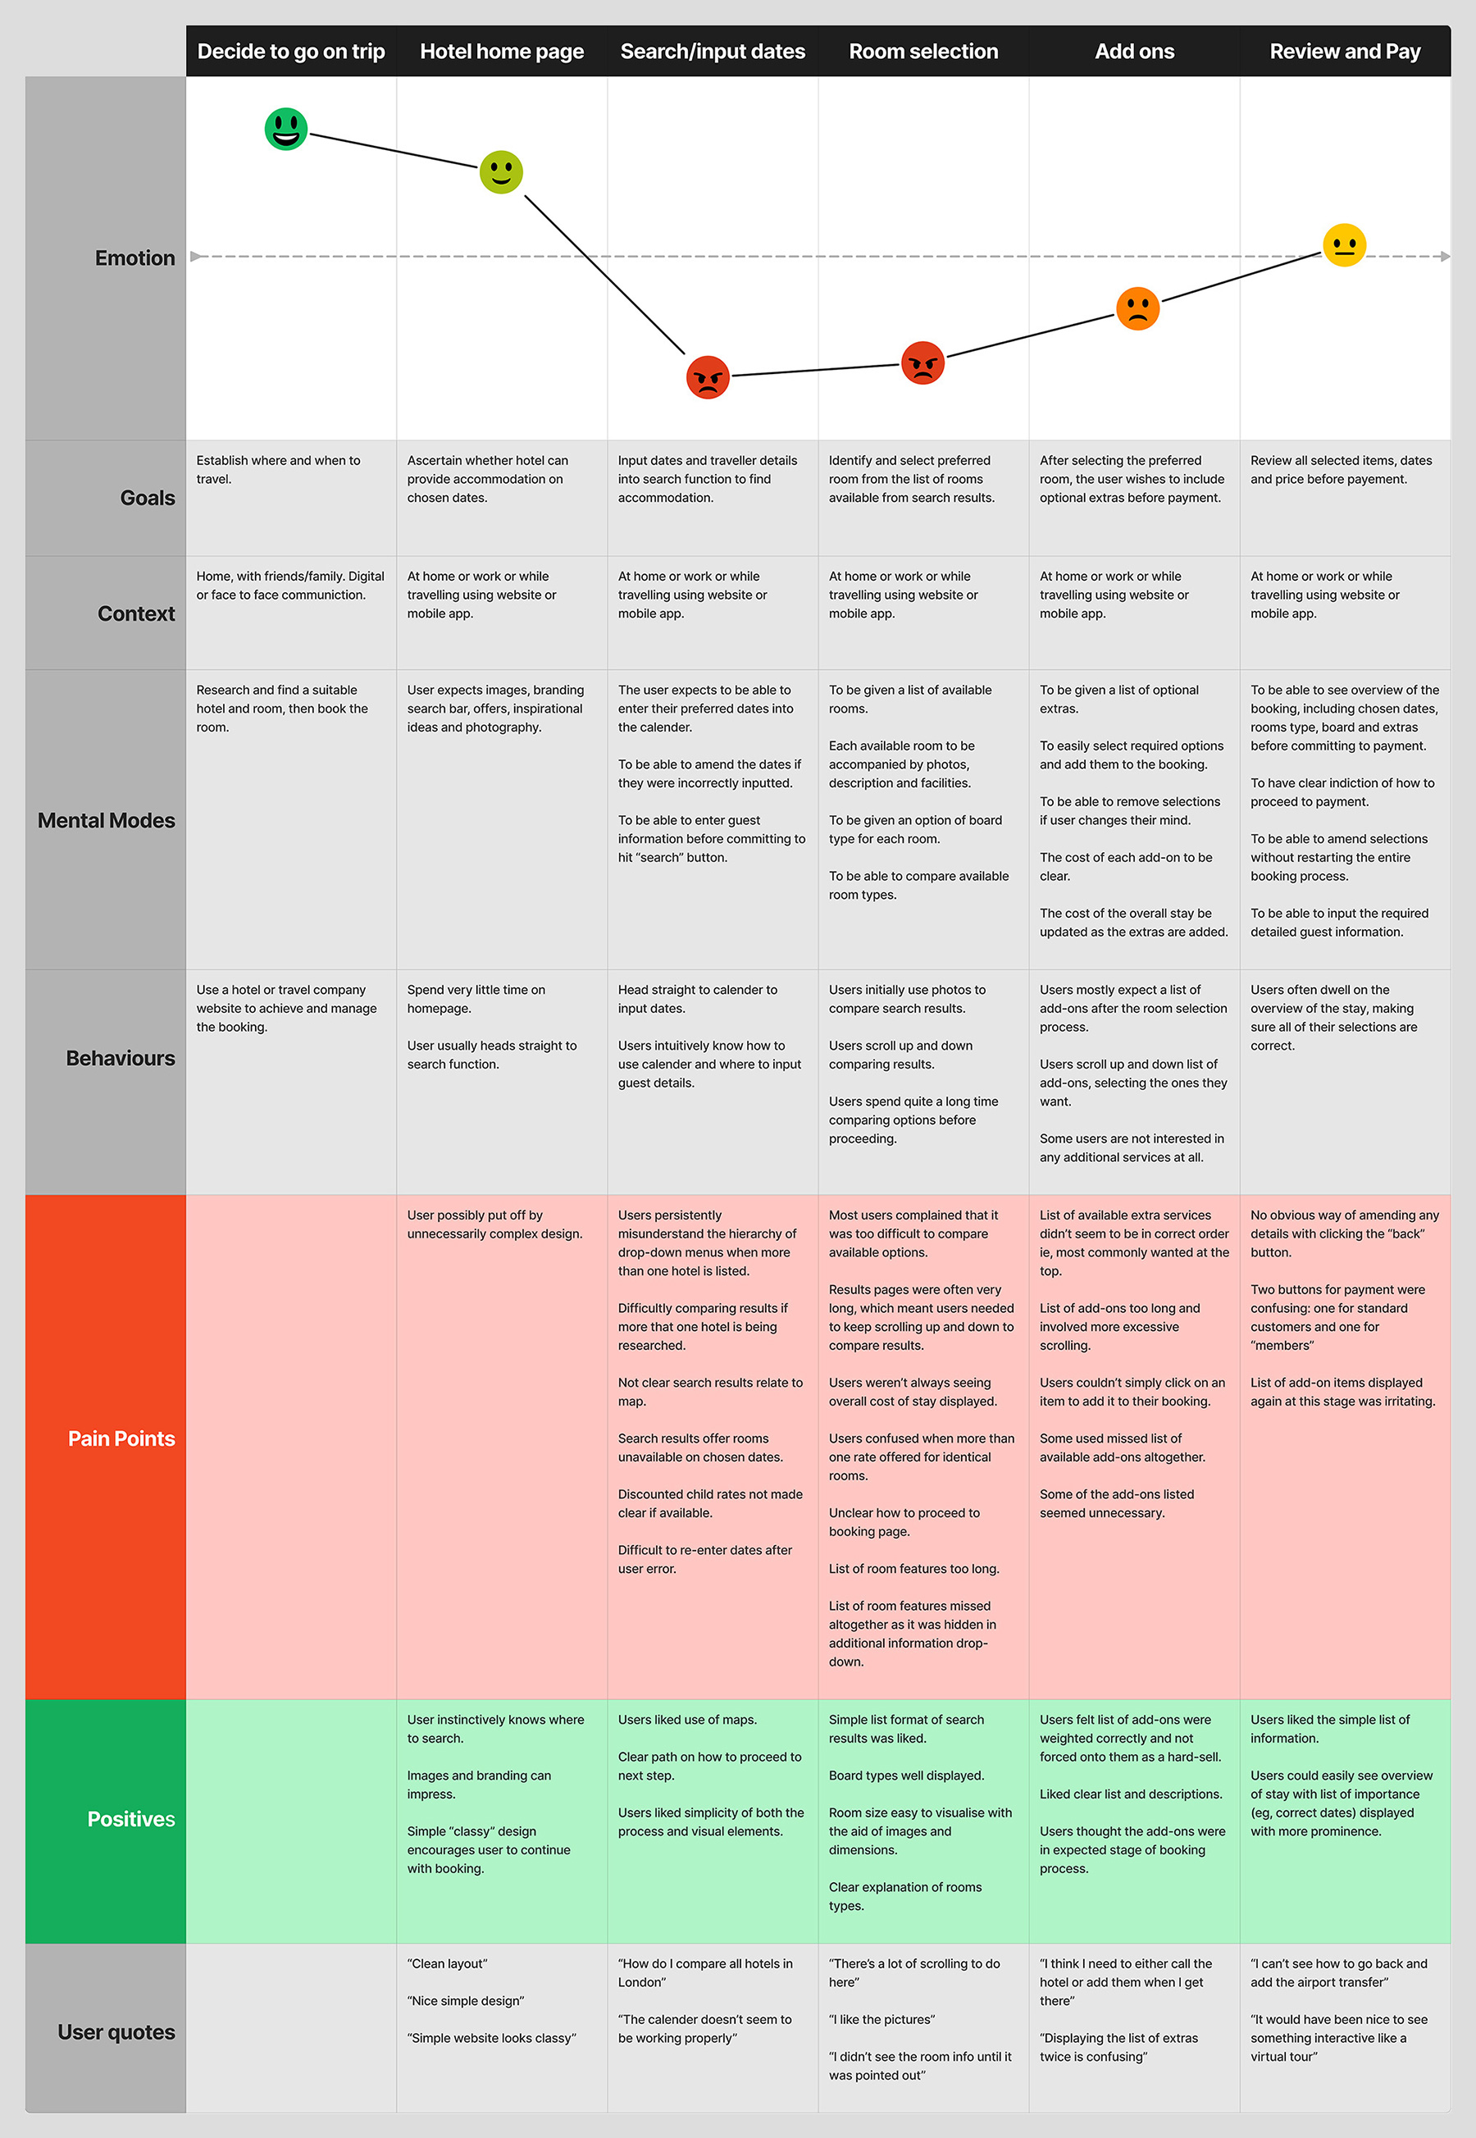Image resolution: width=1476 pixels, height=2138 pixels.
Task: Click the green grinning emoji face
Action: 285,129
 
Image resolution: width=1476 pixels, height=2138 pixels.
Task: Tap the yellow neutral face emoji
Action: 1344,245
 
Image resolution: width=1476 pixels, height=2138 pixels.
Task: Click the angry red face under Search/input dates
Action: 708,377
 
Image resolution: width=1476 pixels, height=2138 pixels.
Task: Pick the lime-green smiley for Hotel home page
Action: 501,172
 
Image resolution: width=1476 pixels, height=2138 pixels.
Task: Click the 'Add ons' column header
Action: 1134,52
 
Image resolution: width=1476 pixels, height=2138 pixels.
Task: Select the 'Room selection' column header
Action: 923,52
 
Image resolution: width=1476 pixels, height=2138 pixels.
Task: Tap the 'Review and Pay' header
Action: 1345,52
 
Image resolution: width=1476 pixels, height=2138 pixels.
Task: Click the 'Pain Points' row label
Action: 121,1439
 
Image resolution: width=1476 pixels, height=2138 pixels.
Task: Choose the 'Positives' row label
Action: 130,1819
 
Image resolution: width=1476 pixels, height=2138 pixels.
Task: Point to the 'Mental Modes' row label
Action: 107,820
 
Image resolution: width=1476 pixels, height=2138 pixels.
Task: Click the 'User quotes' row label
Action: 116,2031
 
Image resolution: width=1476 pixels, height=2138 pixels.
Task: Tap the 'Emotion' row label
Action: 135,258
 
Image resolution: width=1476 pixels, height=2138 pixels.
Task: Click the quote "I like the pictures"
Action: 881,2019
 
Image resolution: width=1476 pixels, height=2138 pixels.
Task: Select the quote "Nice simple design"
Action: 466,2000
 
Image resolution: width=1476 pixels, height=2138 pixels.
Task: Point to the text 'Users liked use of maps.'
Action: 687,1719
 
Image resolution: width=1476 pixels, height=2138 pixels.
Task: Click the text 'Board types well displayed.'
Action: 906,1776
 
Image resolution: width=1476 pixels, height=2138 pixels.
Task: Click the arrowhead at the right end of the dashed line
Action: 1445,256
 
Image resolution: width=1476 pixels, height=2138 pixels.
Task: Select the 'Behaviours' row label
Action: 121,1058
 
